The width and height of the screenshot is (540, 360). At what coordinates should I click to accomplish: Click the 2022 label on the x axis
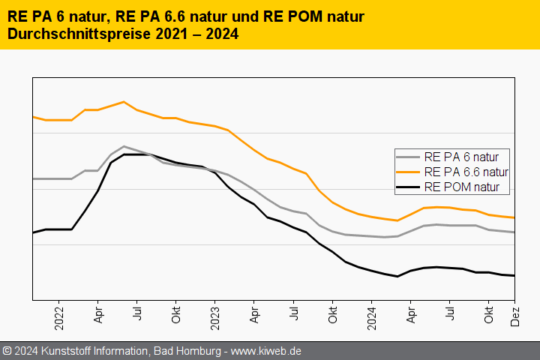59,318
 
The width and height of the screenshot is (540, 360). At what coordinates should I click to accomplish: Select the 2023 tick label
214,318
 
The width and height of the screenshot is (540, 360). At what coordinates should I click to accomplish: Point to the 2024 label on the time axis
371,318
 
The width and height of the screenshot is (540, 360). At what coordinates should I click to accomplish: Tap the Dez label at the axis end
516,316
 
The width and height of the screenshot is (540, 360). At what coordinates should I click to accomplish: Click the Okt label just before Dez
489,316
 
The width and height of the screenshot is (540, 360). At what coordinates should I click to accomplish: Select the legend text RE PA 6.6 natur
471,172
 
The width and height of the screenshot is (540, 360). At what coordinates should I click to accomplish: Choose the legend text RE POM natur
461,187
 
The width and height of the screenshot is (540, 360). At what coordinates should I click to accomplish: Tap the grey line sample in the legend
408,157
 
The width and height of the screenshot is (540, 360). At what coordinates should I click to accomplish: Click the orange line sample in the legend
408,172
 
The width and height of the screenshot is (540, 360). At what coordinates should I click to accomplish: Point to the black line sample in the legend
408,187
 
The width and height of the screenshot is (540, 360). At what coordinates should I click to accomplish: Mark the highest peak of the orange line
124,102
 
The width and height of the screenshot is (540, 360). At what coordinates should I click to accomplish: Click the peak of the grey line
124,146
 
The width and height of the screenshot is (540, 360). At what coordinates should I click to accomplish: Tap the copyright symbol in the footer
7,350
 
